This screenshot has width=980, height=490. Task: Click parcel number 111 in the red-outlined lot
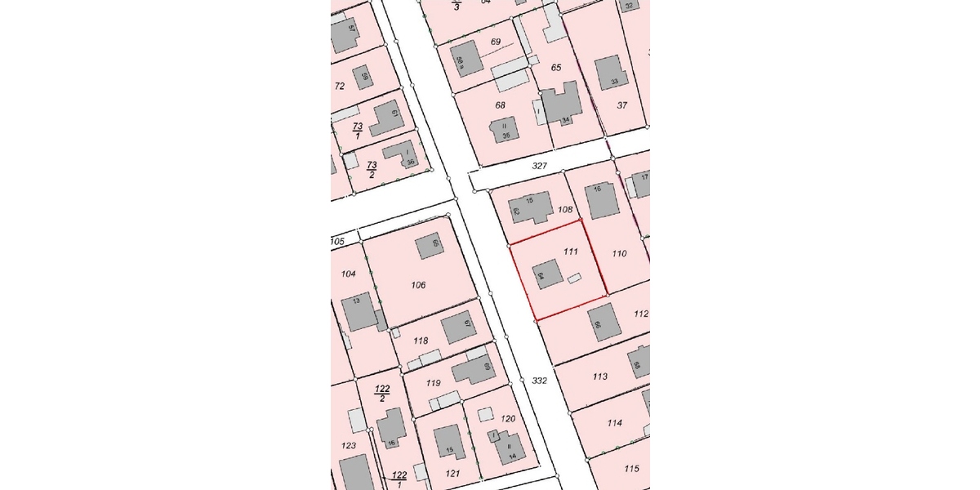pyautogui.click(x=571, y=251)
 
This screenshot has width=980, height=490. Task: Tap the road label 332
pyautogui.click(x=539, y=381)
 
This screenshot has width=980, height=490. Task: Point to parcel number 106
pyautogui.click(x=419, y=285)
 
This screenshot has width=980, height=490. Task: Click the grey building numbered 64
pyautogui.click(x=546, y=274)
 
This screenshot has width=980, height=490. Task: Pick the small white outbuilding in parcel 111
pyautogui.click(x=574, y=278)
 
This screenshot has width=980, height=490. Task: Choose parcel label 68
pyautogui.click(x=501, y=105)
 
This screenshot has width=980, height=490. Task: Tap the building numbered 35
pyautogui.click(x=503, y=131)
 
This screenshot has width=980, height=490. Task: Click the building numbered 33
pyautogui.click(x=611, y=73)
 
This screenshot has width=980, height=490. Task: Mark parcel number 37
pyautogui.click(x=622, y=105)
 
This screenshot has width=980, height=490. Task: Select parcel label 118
pyautogui.click(x=421, y=341)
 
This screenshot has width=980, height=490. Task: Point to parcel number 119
pyautogui.click(x=434, y=383)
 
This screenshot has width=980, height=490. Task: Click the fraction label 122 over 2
pyautogui.click(x=381, y=393)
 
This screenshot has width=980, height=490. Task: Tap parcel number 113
pyautogui.click(x=600, y=376)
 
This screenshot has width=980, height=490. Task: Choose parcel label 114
pyautogui.click(x=615, y=423)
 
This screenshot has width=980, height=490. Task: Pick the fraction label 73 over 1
pyautogui.click(x=358, y=131)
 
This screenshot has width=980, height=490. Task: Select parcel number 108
pyautogui.click(x=564, y=209)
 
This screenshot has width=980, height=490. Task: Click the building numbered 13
pyautogui.click(x=359, y=311)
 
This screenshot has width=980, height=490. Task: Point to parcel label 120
pyautogui.click(x=508, y=419)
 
